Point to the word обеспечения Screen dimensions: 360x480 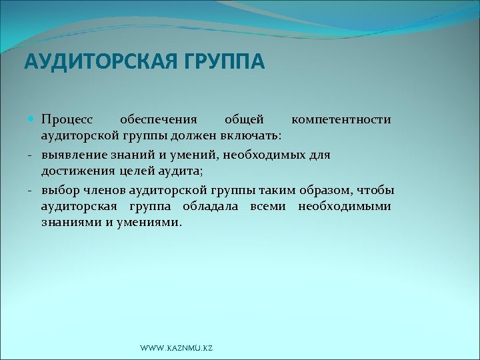click(158, 120)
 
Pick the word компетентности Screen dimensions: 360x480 click(341, 120)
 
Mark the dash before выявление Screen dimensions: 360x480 click(31, 155)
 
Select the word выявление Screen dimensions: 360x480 click(71, 154)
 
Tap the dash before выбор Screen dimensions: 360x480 click(31, 189)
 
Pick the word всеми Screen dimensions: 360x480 click(270, 206)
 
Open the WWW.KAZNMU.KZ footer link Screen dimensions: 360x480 click(177, 349)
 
